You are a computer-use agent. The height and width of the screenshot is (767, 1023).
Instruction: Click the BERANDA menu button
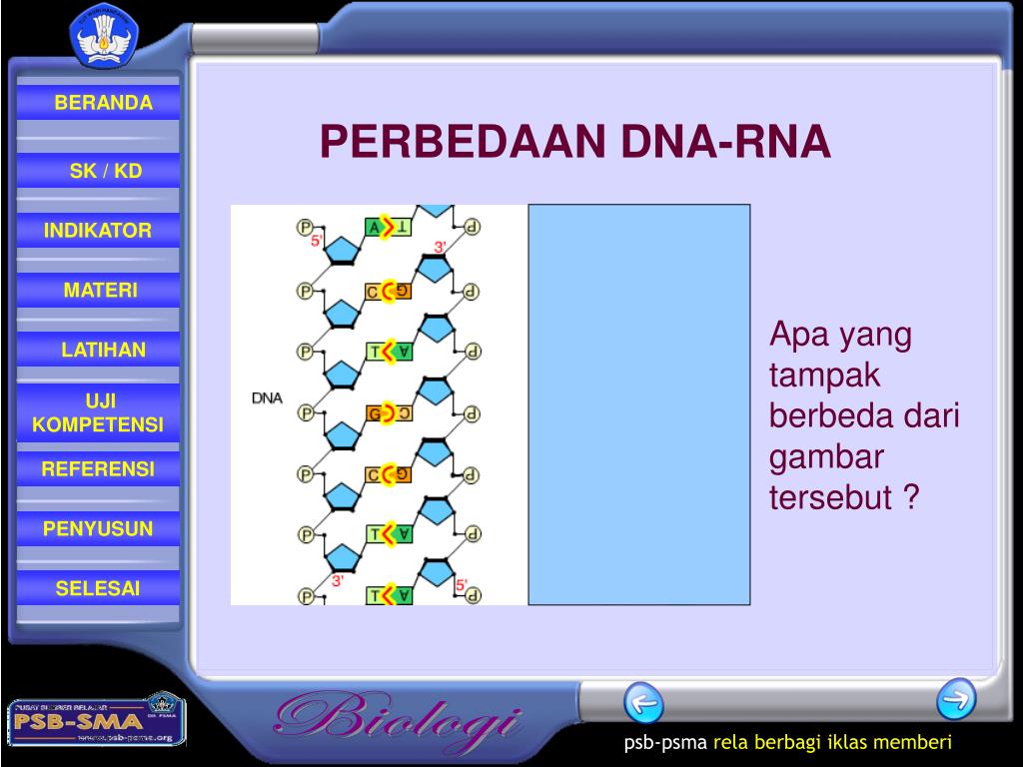(x=103, y=103)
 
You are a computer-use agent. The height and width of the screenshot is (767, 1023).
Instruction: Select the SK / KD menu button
(x=105, y=171)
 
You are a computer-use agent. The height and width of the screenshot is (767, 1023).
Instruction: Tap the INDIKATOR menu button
(x=98, y=231)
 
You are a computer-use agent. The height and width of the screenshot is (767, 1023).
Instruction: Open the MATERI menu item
(x=101, y=291)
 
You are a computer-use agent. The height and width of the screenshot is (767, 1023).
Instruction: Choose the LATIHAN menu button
(x=103, y=350)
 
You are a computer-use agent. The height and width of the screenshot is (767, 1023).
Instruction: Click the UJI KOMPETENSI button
(x=98, y=412)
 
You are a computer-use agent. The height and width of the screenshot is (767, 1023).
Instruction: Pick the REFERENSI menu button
(x=98, y=468)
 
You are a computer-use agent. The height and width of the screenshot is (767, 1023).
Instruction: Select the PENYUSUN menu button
(x=98, y=528)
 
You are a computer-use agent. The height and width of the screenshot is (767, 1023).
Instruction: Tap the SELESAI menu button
(x=98, y=588)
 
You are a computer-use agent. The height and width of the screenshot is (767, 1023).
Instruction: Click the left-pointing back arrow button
(x=643, y=702)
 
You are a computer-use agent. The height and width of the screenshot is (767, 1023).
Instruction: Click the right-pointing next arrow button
(x=956, y=699)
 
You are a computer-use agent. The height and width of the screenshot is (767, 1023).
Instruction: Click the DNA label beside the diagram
(x=267, y=397)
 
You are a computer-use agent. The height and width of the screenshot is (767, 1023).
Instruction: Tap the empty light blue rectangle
(x=638, y=404)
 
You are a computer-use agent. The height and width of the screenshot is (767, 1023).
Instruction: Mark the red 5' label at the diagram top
(x=317, y=241)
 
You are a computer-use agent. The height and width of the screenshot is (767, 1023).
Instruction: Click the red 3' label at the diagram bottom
(x=339, y=580)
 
